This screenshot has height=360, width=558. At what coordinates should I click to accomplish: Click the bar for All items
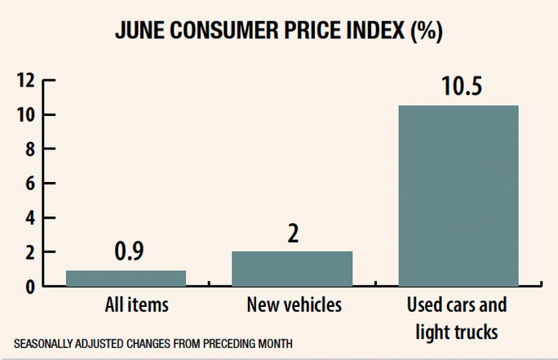pos(126,278)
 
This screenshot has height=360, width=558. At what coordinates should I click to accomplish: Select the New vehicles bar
pos(292,269)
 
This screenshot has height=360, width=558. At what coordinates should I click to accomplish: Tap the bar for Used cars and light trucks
pos(458,196)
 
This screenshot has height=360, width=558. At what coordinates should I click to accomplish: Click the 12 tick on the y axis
pos(26,80)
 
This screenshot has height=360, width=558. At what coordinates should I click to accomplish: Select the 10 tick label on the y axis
pos(26,115)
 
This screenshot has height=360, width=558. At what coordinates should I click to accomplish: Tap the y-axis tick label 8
pos(31,149)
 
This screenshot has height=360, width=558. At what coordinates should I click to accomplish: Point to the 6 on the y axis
pos(31,184)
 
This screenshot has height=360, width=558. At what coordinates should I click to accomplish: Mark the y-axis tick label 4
pos(31,218)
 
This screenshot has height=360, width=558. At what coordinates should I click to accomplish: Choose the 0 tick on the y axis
pos(31,287)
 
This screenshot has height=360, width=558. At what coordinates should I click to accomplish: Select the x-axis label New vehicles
pos(292,306)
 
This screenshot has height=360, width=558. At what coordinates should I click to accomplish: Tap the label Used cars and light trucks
pos(458,319)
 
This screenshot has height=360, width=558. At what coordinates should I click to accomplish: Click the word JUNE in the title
pos(141,32)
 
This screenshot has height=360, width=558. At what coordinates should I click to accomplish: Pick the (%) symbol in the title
pos(427,32)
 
